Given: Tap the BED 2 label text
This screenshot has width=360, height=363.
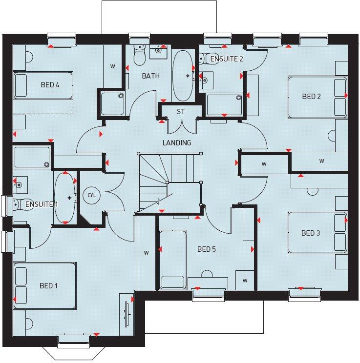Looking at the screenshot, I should tap(311, 97).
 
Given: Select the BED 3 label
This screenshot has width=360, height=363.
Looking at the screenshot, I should tap(311, 233).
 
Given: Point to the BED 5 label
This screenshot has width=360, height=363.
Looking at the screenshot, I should tap(206, 249).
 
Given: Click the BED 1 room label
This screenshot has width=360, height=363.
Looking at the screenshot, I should tap(48, 285).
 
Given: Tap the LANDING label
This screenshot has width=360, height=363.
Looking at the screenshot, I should tap(177, 143).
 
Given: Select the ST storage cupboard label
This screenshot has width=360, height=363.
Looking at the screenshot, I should tap(181, 112).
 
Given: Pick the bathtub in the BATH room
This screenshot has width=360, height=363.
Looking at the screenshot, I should tap(183, 76).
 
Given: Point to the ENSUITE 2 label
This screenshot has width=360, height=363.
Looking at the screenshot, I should tap(227, 59).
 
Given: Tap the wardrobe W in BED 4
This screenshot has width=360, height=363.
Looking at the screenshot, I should tap(112, 66).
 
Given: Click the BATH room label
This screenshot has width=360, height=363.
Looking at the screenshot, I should tap(150, 76).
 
